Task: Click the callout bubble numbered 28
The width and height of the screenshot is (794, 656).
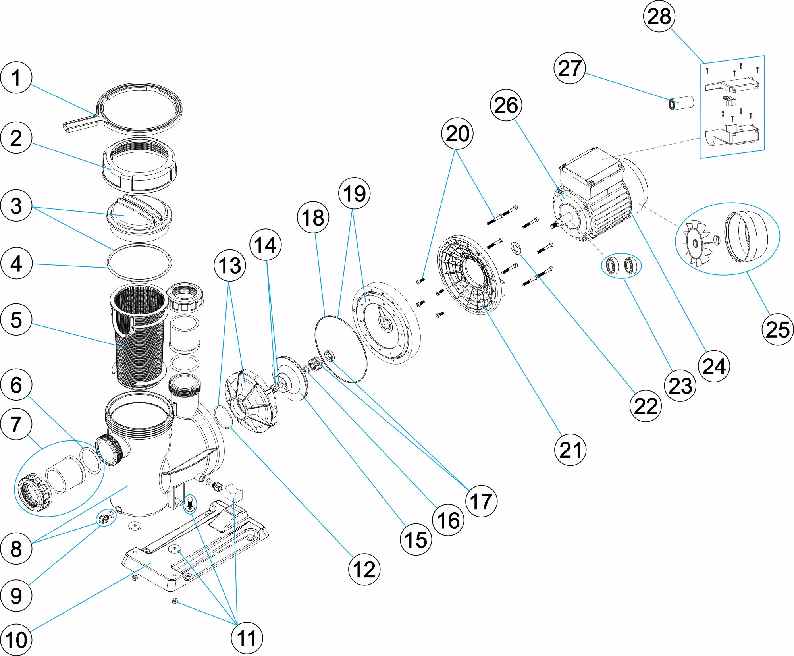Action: pyautogui.click(x=659, y=16)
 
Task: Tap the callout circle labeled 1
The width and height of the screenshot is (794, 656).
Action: pyautogui.click(x=16, y=77)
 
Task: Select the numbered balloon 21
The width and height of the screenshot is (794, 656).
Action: pyautogui.click(x=570, y=450)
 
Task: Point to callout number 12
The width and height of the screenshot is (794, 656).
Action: pyautogui.click(x=364, y=569)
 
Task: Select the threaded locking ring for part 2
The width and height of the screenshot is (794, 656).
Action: pyautogui.click(x=139, y=165)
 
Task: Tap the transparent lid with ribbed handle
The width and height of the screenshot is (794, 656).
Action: pyautogui.click(x=139, y=216)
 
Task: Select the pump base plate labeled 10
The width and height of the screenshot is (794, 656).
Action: pyautogui.click(x=195, y=548)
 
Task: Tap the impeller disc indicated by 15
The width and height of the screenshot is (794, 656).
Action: pyautogui.click(x=292, y=377)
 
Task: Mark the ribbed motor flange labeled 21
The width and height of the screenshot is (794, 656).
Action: pyautogui.click(x=468, y=274)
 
